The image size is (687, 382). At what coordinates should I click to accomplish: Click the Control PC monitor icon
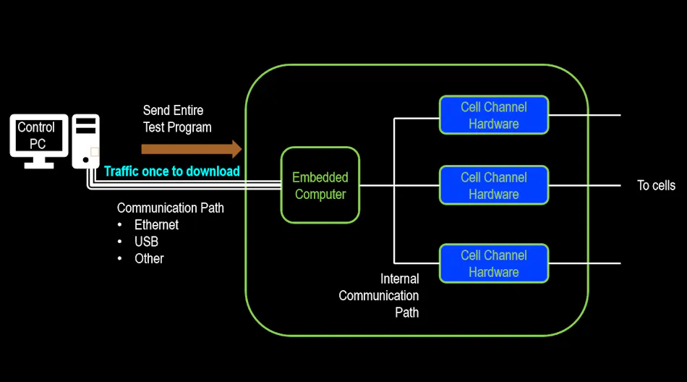[38, 137]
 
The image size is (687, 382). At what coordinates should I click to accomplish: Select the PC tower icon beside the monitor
[85, 142]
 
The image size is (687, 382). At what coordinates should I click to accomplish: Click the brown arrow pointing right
[192, 149]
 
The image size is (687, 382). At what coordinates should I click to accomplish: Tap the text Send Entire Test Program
[177, 119]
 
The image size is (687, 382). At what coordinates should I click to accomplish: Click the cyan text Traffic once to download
[172, 171]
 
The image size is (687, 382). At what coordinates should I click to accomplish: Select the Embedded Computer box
[320, 185]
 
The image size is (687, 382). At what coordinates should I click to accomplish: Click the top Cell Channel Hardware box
[494, 115]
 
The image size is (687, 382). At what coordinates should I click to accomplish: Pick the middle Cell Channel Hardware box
[494, 185]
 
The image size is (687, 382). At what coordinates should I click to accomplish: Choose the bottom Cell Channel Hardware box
[494, 263]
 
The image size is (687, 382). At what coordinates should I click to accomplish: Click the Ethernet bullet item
[156, 225]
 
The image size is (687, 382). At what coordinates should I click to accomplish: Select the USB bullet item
[146, 242]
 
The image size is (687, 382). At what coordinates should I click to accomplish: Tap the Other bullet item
[149, 258]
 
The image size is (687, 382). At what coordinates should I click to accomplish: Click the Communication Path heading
[171, 208]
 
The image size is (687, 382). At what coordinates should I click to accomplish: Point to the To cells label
[656, 185]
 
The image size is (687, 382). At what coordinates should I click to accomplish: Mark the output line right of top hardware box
[584, 115]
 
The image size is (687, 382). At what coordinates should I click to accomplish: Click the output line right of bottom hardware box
[584, 263]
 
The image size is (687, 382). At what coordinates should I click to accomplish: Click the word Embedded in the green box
[320, 177]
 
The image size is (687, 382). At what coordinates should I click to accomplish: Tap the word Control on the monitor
[36, 127]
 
